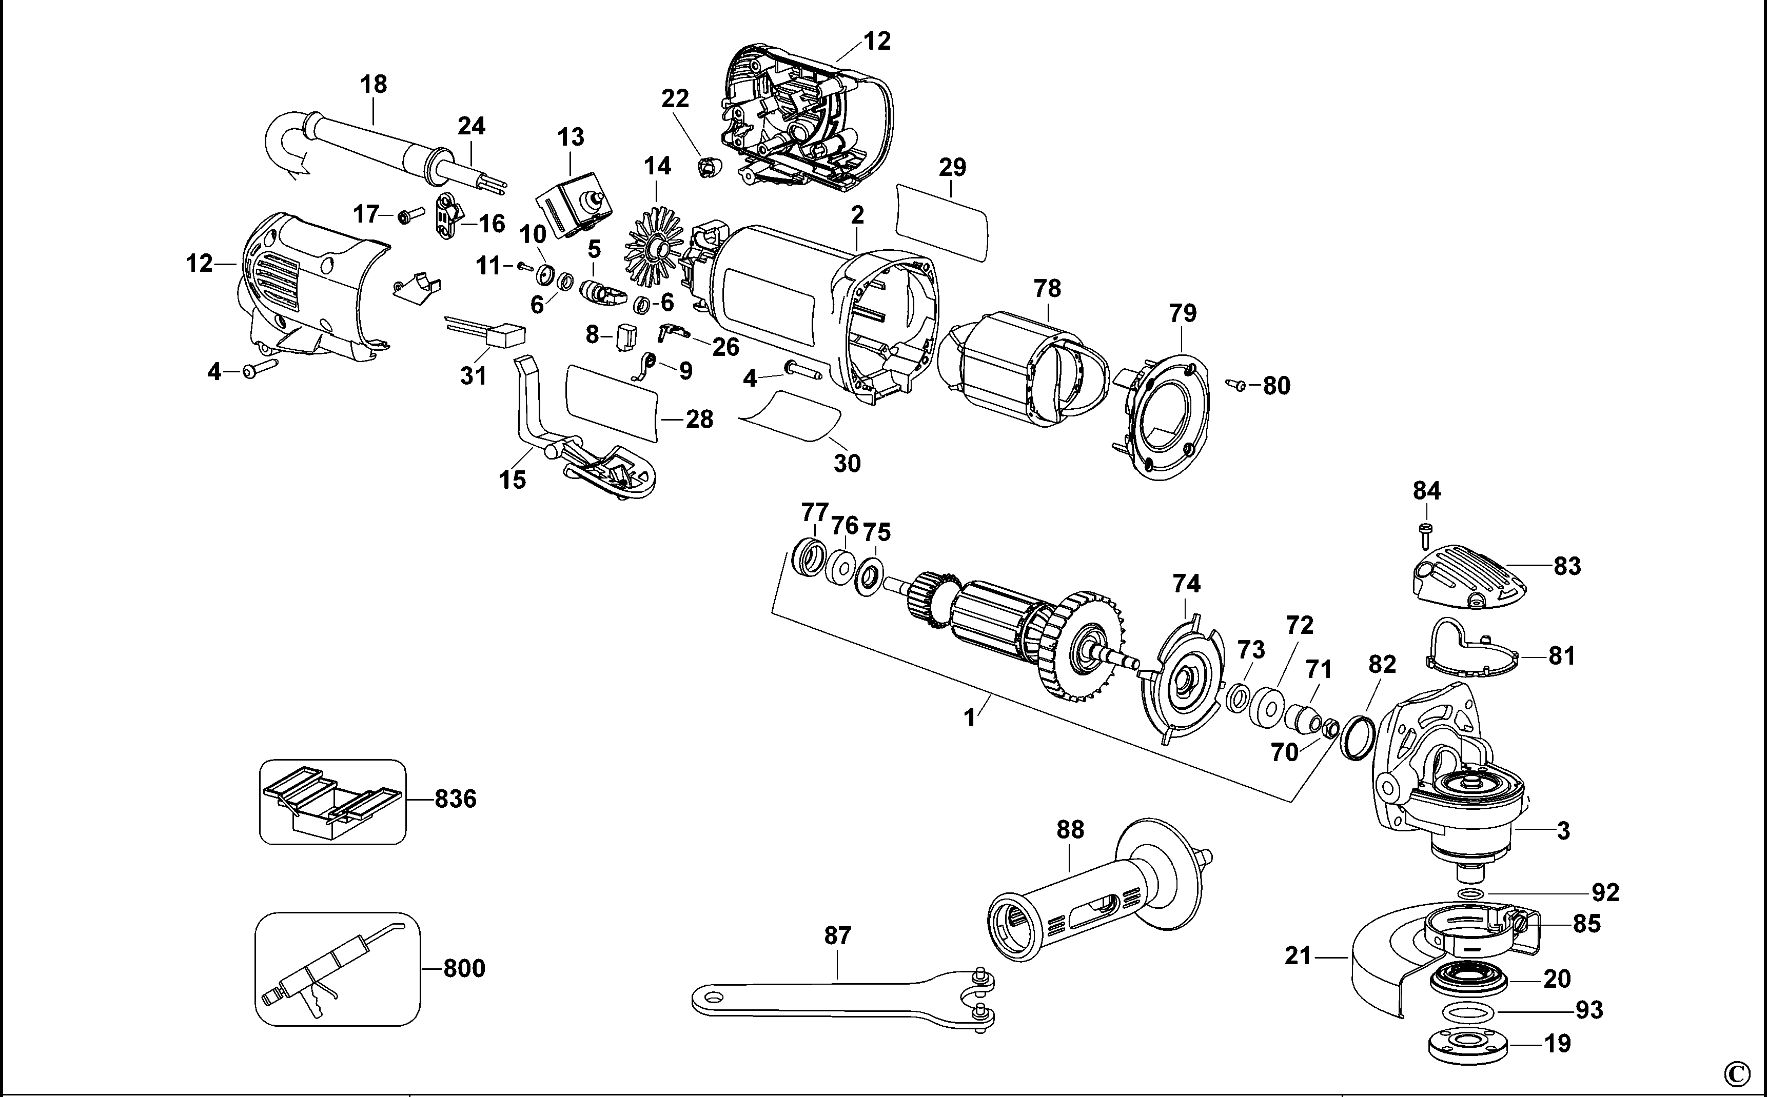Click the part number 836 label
(x=455, y=799)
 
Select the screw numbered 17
(x=410, y=215)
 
